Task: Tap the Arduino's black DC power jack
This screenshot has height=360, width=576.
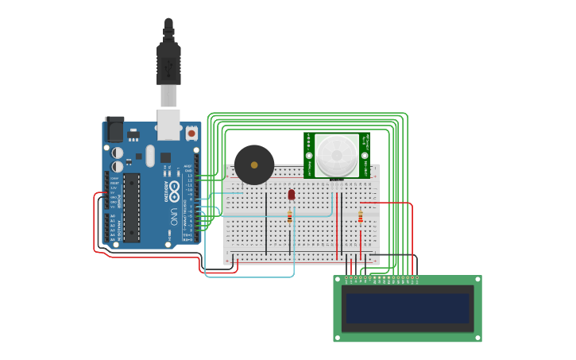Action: [114, 130]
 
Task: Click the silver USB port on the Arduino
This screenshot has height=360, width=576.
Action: [168, 120]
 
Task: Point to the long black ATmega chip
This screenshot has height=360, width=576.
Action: [132, 207]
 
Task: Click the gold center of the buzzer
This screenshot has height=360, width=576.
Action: [253, 165]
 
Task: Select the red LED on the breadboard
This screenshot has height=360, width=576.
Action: [292, 193]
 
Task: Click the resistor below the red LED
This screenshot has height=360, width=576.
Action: [290, 216]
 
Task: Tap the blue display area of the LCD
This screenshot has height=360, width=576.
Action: [407, 308]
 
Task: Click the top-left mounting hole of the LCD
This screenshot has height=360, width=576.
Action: [338, 280]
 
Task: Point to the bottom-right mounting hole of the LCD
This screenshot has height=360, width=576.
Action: [477, 337]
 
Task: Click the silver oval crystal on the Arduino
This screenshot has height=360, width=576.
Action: [150, 155]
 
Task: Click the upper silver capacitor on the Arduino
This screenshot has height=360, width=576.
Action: [118, 152]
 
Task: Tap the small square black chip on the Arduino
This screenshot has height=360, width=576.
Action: [165, 157]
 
